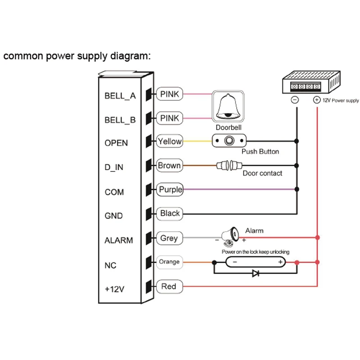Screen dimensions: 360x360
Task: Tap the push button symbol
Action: pos(229,141)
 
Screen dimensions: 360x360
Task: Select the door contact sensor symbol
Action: pos(227,166)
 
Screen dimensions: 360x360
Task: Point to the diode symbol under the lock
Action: pos(256,273)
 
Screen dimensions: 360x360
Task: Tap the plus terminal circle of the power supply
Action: pos(317,100)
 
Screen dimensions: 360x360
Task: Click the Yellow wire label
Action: pos(170,141)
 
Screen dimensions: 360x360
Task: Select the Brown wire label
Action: pos(169,166)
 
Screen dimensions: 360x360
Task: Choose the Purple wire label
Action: pos(170,189)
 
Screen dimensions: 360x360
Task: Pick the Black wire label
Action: pos(170,213)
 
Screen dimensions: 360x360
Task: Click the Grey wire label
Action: pos(169,238)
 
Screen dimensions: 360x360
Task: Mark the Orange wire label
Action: pos(169,262)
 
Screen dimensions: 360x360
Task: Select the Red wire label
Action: pos(169,286)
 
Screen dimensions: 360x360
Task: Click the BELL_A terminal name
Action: pos(120,96)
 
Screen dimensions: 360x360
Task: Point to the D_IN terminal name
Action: pos(114,168)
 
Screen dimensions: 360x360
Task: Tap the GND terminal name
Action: pos(113,216)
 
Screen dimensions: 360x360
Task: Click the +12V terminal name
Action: pos(114,289)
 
